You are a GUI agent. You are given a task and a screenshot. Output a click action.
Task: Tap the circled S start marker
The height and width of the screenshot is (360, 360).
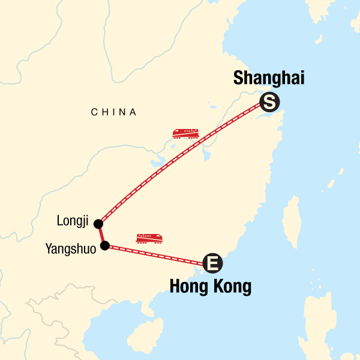click(269, 103)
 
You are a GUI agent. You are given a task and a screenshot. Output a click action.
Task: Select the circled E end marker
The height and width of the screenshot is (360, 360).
click(212, 262)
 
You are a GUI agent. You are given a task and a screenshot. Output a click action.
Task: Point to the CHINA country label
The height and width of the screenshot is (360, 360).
click(114, 112)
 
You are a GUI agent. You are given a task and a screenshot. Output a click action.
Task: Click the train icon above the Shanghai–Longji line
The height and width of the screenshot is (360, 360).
click(185, 133)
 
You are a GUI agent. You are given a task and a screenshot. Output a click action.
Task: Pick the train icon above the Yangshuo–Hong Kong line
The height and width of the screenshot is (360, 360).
click(149, 238)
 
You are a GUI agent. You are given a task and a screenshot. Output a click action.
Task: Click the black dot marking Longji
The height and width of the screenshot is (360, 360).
click(98, 223)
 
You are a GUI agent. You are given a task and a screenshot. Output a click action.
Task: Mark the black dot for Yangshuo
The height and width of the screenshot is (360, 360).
click(105, 245)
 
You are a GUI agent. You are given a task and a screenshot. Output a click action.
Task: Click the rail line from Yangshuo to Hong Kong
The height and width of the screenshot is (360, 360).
click(156, 253)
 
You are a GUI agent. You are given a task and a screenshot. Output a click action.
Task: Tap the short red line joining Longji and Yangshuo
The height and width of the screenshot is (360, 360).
click(101, 234)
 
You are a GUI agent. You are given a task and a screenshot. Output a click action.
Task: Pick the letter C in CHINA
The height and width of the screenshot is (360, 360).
click(94, 112)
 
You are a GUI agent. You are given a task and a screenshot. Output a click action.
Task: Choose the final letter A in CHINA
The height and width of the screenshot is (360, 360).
click(134, 112)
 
